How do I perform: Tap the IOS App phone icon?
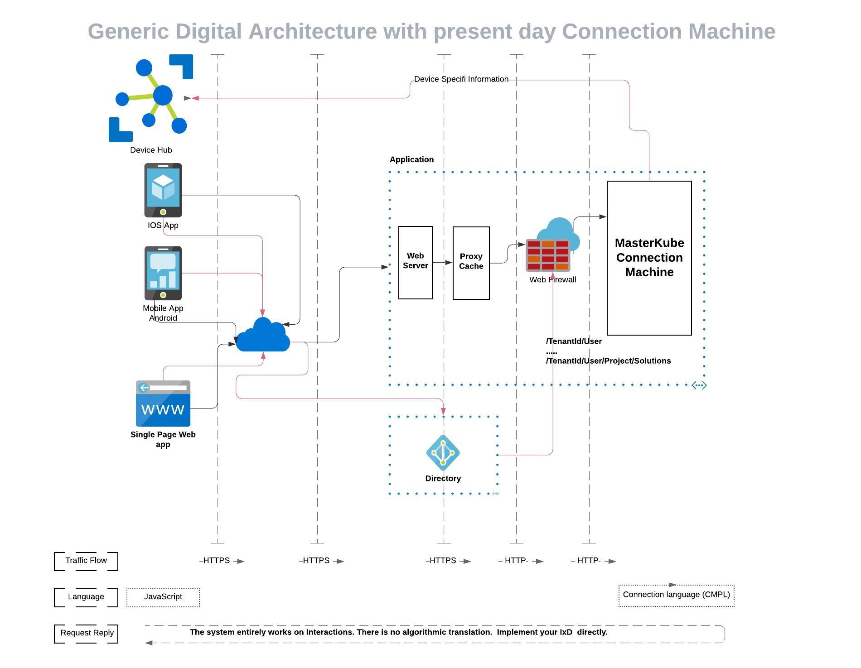tap(163, 190)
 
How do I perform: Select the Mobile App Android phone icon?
tap(163, 273)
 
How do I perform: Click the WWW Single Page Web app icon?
tap(163, 404)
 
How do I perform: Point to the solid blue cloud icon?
tap(263, 336)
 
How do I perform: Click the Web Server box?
tap(416, 263)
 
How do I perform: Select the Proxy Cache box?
tap(471, 263)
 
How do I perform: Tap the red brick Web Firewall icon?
tap(548, 255)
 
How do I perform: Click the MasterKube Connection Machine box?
tap(649, 258)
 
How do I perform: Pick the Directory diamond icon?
tap(443, 452)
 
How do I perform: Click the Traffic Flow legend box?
tap(86, 561)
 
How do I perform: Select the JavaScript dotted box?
tap(163, 597)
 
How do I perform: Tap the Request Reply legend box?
tap(86, 634)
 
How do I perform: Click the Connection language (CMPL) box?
tap(676, 595)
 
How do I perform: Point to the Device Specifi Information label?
tap(461, 79)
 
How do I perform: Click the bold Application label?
tap(411, 159)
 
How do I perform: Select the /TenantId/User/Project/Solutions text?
tap(608, 361)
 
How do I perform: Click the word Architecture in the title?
tap(312, 32)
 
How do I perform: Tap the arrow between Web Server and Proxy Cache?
tap(443, 262)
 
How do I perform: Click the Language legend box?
tap(86, 597)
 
